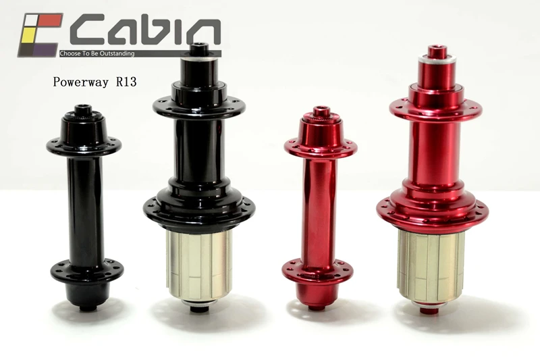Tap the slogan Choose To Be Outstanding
pos(99,52)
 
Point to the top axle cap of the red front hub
pos(320,112)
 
